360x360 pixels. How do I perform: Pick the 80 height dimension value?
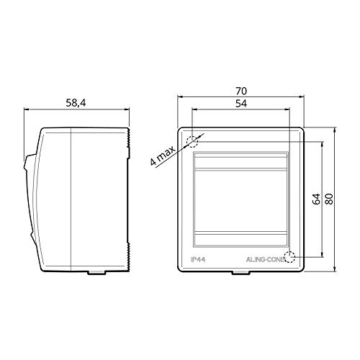click(330, 199)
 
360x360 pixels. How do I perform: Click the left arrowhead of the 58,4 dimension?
click(27, 110)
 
